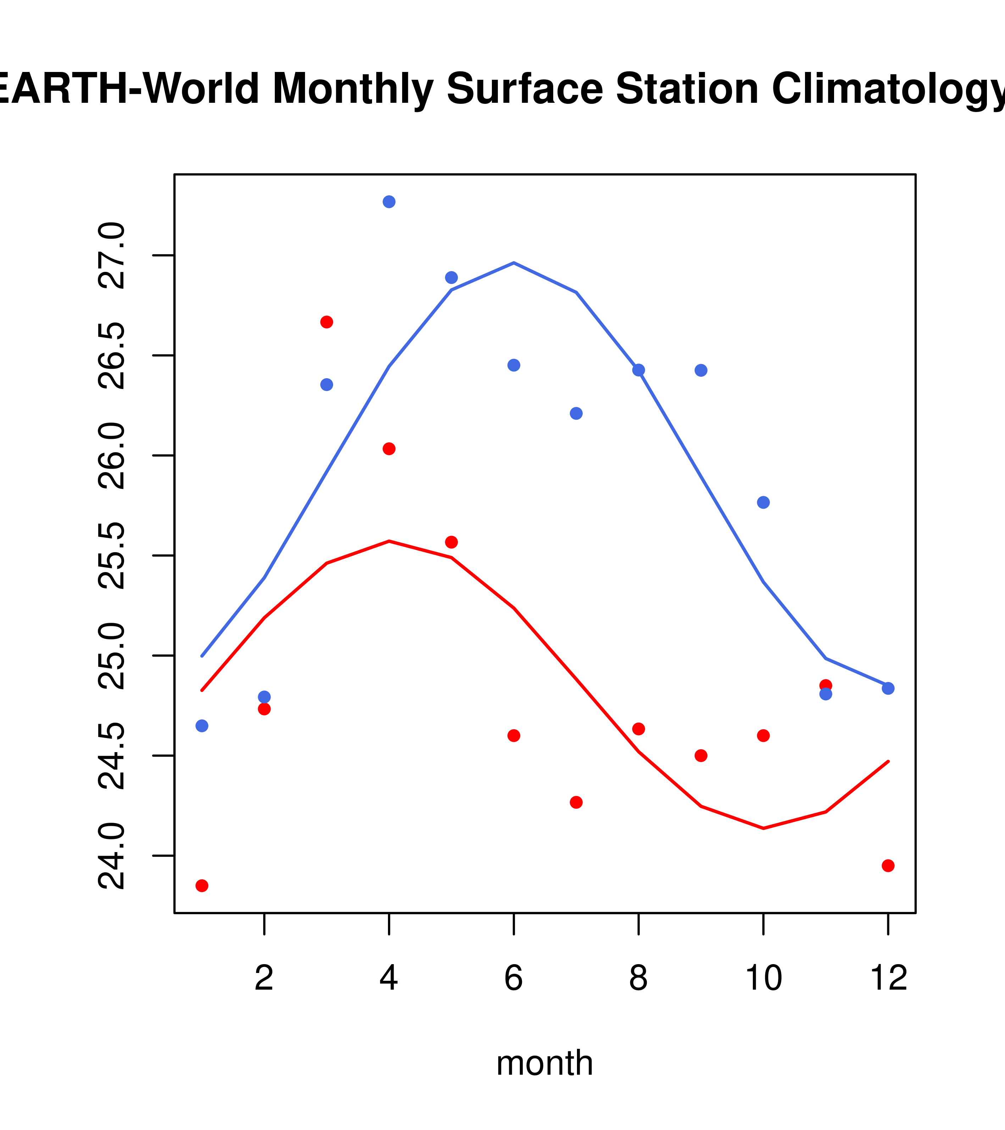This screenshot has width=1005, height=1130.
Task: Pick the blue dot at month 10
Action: [763, 502]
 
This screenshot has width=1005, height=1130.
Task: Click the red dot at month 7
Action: [576, 802]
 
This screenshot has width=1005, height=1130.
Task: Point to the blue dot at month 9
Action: [701, 370]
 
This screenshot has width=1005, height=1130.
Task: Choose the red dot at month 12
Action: [888, 866]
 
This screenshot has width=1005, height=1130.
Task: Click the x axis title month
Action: [544, 1063]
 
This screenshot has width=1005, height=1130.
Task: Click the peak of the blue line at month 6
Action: [514, 263]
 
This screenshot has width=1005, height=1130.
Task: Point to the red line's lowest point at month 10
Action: [763, 828]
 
